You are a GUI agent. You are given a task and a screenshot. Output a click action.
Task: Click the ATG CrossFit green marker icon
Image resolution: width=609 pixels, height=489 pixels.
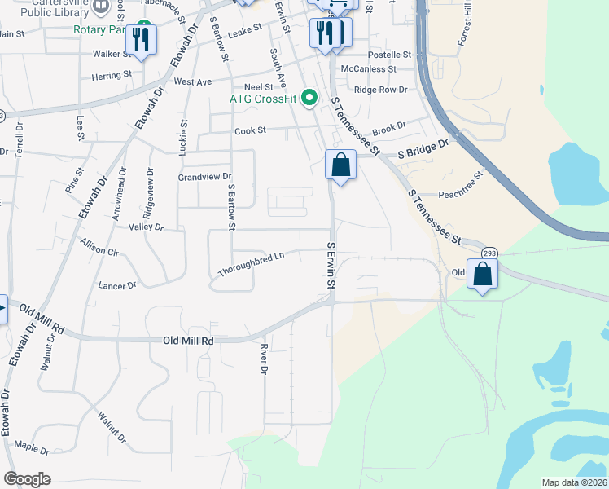tap(309, 99)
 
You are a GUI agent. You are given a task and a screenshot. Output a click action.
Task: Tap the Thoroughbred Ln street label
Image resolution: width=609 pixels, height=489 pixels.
tap(251, 264)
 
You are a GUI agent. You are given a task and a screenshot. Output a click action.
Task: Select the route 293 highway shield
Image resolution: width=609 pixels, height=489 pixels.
tap(489, 253)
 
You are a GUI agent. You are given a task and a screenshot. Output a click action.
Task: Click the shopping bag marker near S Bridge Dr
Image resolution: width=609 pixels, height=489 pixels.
tap(340, 165)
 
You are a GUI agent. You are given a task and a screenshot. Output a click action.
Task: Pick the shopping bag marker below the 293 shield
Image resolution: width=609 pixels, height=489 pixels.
tap(483, 275)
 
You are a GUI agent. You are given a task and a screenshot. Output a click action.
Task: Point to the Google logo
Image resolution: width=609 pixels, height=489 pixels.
tap(28, 479)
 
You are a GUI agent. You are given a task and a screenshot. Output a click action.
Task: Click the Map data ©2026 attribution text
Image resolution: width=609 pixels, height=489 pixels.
tap(574, 482)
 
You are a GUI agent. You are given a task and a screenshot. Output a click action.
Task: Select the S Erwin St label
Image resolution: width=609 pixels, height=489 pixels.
tap(332, 266)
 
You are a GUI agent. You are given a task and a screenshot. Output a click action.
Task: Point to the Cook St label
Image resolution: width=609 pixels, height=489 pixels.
tap(250, 130)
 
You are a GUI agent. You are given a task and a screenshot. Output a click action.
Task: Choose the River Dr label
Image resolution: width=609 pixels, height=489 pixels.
tap(263, 359)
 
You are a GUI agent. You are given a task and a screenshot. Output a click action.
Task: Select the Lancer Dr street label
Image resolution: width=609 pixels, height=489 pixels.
tap(117, 285)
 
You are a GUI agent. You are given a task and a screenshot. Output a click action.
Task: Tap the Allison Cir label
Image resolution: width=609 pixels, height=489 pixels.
tap(100, 247)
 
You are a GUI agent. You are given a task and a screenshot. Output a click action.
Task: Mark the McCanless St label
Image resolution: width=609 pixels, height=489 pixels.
tap(368, 69)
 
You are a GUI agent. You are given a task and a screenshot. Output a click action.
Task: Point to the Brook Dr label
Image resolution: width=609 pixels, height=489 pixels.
tap(388, 129)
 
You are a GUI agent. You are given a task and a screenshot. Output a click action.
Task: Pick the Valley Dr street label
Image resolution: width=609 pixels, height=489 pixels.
tap(147, 228)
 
